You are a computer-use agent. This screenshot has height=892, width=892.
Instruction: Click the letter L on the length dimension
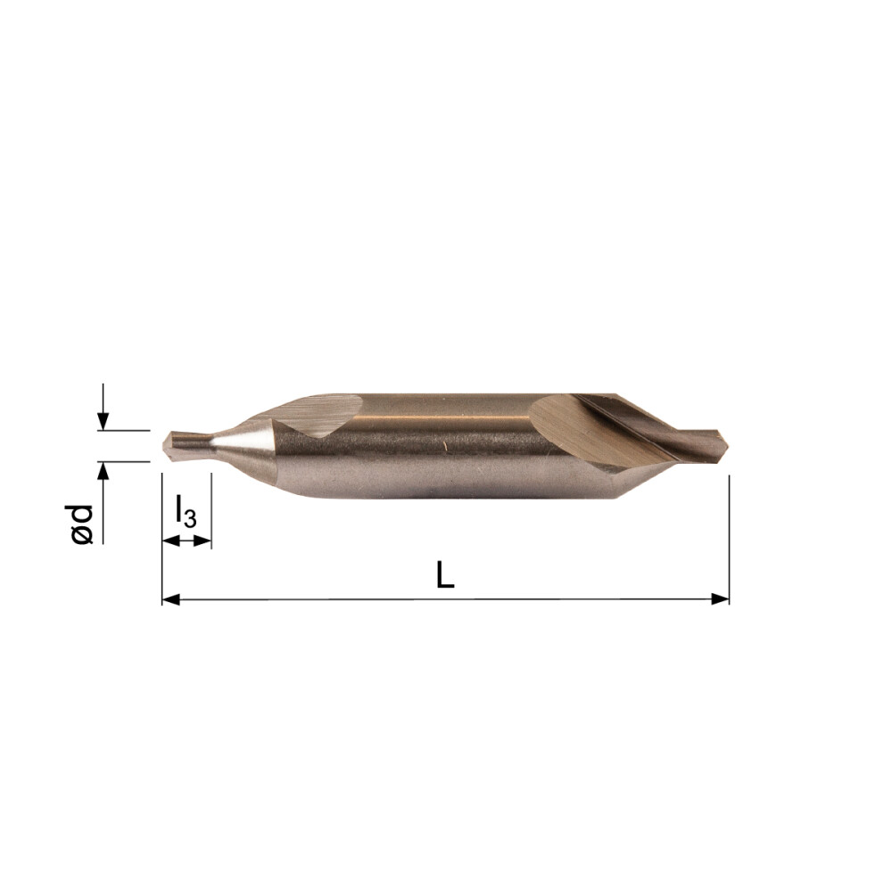coord(445,575)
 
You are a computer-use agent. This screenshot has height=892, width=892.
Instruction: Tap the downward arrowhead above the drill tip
coord(103,422)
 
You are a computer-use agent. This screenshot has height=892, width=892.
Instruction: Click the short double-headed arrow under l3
coord(186,540)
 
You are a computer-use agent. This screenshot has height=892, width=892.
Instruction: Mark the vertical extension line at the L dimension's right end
coord(729,535)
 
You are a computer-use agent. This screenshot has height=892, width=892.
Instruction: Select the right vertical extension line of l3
coord(211,508)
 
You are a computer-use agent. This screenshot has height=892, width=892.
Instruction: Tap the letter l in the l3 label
coord(178,510)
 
